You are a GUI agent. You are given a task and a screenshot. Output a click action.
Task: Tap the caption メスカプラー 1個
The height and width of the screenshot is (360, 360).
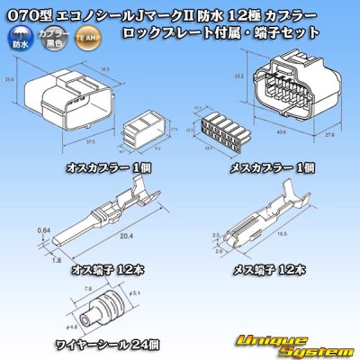coord(270,167)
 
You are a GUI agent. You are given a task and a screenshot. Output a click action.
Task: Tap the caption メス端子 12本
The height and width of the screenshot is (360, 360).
coord(269,267)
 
